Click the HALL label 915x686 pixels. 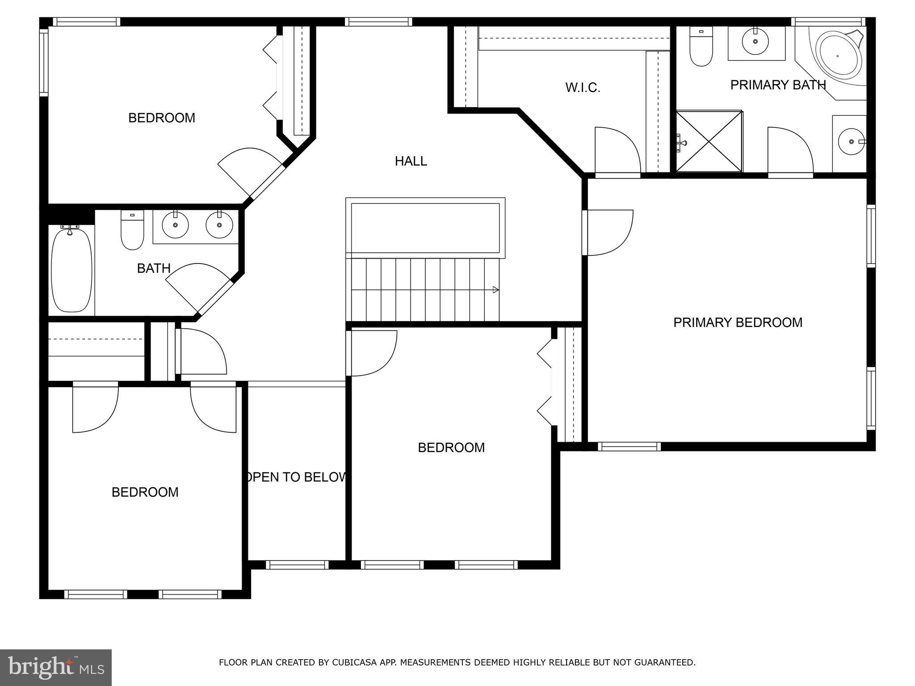tap(411, 161)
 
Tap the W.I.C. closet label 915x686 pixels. tap(583, 88)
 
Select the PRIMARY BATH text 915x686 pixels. tap(778, 85)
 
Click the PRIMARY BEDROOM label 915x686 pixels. tap(738, 322)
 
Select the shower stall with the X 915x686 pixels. tap(709, 142)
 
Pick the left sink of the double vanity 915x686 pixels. tap(175, 225)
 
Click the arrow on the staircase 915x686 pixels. tap(495, 290)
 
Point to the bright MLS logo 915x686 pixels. tap(55, 667)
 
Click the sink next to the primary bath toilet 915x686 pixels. tap(756, 42)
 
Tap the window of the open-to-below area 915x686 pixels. tap(297, 565)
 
